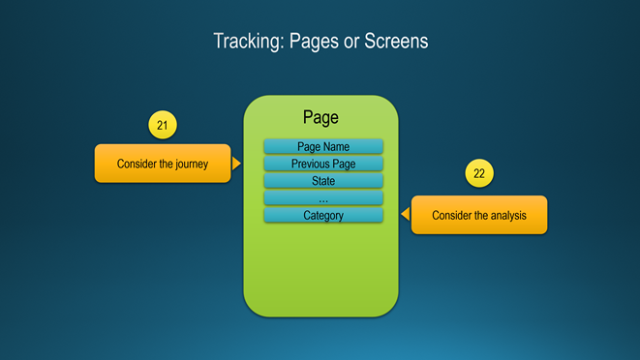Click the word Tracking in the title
249,42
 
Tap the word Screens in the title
396,41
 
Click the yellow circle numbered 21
163,125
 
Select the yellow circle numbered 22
479,173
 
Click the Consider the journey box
163,164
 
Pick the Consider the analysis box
479,215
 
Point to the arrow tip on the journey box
241,164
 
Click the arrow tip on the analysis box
401,214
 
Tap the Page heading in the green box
320,117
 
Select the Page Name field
323,146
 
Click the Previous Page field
323,164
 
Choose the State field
323,180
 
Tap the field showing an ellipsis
323,198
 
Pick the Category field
323,215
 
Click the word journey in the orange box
192,165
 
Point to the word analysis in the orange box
508,216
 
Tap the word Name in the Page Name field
336,146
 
